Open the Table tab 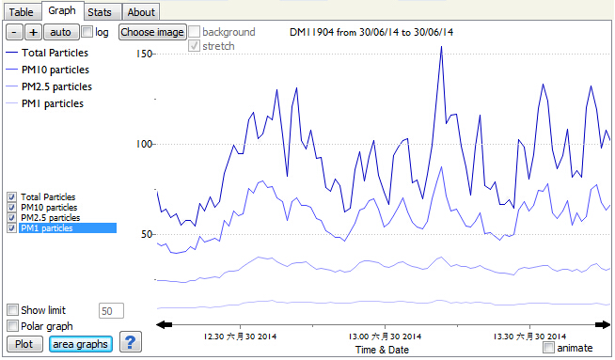point(22,12)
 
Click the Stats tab point(100,12)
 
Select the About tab point(141,12)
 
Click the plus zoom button point(33,32)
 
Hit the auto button point(61,32)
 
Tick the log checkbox point(87,32)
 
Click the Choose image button point(152,32)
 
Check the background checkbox point(194,32)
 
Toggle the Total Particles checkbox point(12,196)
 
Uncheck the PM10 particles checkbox point(12,207)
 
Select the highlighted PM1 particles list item point(68,227)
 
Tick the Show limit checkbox point(12,310)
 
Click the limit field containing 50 point(111,311)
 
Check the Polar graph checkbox point(12,325)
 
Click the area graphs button point(81,344)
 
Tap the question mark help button point(130,342)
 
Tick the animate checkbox point(549,348)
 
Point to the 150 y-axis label point(144,54)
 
